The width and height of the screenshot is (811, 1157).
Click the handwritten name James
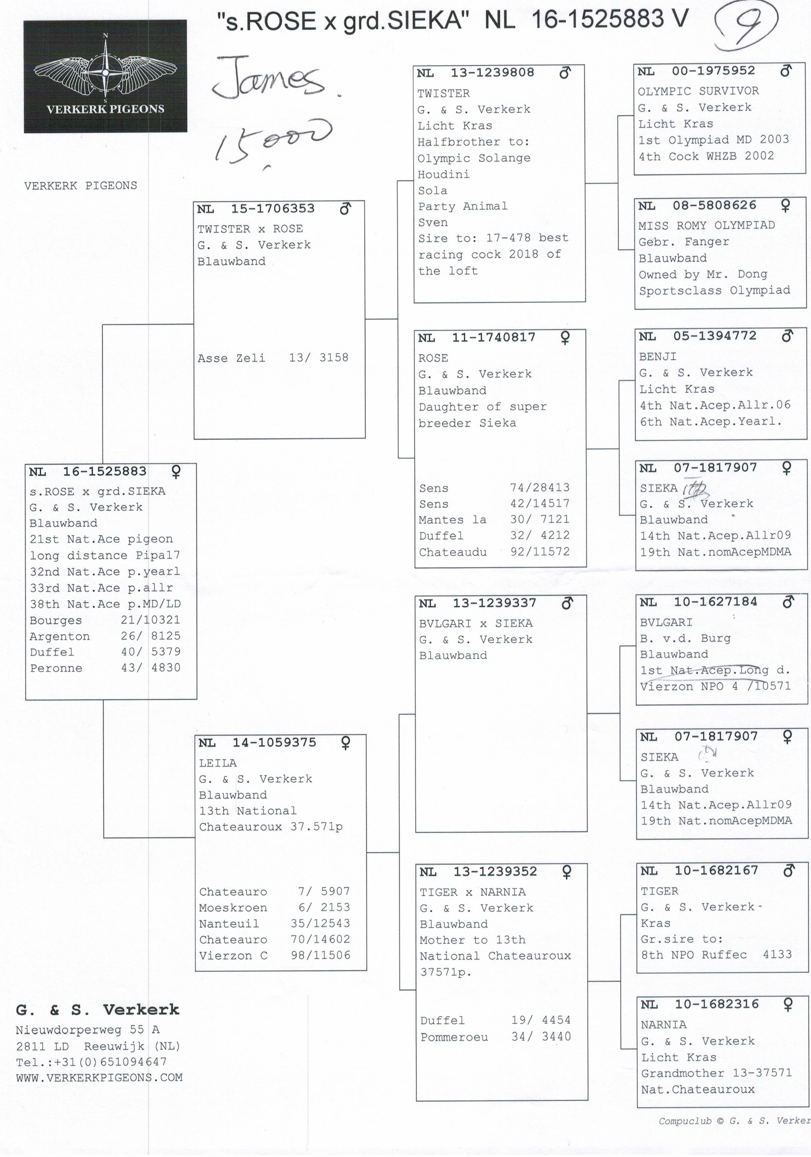[270, 78]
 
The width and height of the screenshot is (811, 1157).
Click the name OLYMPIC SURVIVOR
[698, 91]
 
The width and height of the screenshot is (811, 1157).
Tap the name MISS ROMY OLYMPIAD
[707, 225]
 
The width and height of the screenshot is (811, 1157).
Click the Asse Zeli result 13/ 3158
[318, 358]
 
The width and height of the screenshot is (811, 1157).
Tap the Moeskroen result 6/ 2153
[324, 907]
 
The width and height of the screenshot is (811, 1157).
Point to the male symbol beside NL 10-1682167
[788, 870]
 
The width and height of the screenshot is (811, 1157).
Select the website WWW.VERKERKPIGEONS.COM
[99, 1078]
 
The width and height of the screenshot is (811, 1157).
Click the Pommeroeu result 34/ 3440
[541, 1036]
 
